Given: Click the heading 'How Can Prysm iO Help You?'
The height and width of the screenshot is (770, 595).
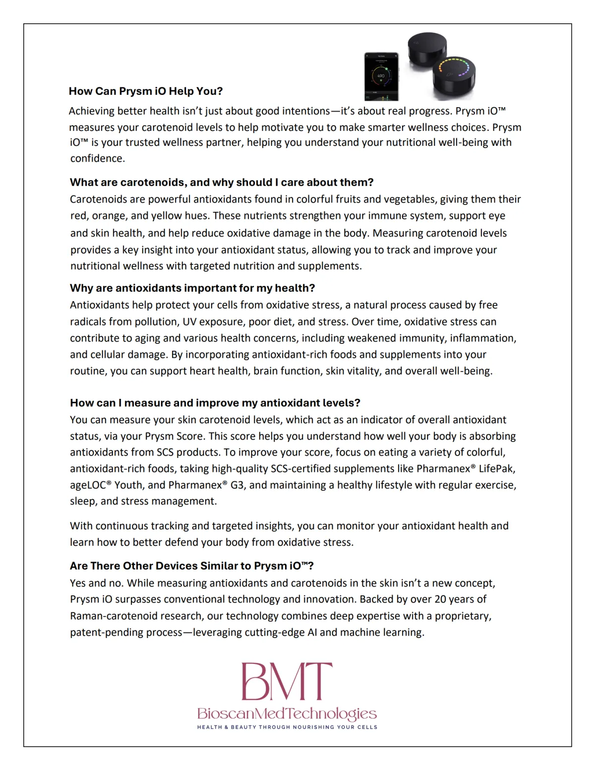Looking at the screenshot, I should tap(146, 91).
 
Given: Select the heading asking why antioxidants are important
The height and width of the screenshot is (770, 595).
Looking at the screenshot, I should tap(192, 288).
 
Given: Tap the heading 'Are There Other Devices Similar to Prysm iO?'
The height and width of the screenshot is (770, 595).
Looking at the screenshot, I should tap(192, 566).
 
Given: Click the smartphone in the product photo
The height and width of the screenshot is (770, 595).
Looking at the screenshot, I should tap(381, 76).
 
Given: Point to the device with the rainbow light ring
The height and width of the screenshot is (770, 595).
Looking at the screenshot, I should tap(453, 74).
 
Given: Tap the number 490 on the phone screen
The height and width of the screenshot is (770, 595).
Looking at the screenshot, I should tap(381, 76).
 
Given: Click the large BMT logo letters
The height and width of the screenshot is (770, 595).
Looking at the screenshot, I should tap(287, 682).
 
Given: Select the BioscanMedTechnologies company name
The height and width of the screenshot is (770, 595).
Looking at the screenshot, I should tap(287, 713).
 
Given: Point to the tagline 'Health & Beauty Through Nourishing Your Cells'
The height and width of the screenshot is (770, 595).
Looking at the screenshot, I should tap(287, 727).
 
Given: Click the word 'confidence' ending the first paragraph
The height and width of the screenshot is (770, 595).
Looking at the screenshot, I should tap(97, 159).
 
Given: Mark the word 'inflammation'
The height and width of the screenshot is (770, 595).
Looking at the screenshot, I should tap(488, 338).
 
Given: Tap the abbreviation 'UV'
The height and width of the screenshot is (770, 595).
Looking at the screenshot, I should tap(189, 322).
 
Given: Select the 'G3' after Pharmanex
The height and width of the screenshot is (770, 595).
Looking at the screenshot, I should tap(237, 485).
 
